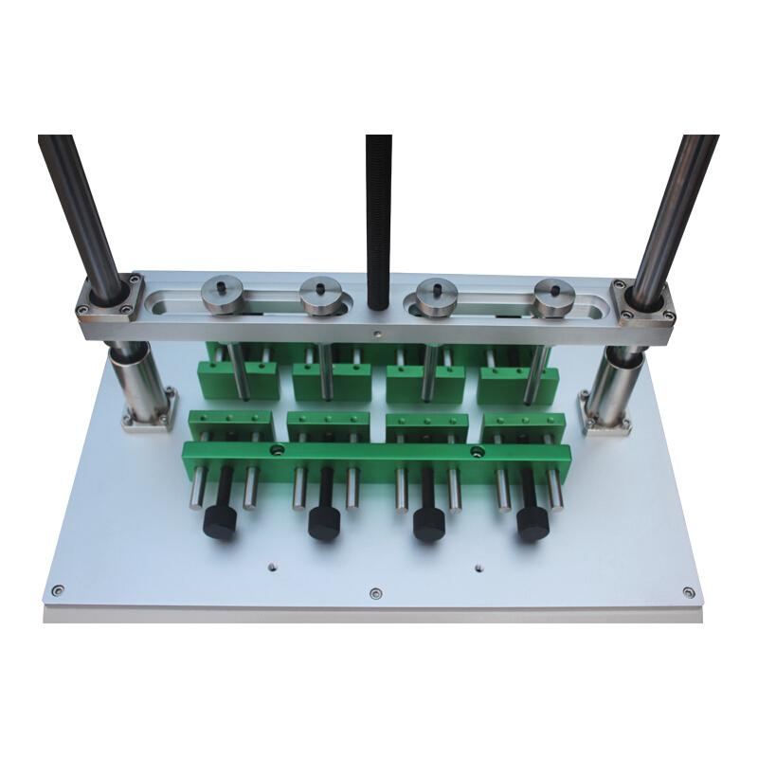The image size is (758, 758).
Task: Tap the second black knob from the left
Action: coord(324,522)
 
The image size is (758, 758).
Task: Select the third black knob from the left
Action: coord(428,526)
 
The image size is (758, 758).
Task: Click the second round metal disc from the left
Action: coord(320,295)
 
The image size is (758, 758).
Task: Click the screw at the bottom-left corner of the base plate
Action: coord(58,590)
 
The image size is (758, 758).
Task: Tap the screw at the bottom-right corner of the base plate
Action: coord(689,593)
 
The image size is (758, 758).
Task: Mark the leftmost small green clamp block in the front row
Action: coord(227,424)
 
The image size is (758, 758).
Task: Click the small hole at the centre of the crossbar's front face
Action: coord(378,334)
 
